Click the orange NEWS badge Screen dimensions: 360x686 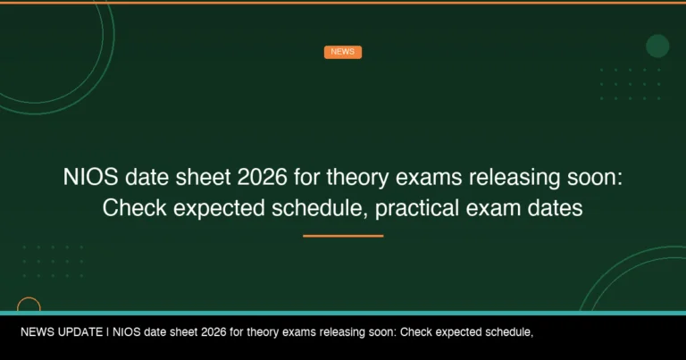pyautogui.click(x=342, y=52)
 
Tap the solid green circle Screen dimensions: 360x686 pyautogui.click(x=657, y=46)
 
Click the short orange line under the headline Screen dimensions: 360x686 pyautogui.click(x=343, y=236)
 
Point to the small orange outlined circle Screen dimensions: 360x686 pyautogui.click(x=29, y=307)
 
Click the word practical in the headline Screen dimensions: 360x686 pyautogui.click(x=419, y=209)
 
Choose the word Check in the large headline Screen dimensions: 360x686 pyautogui.click(x=132, y=209)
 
